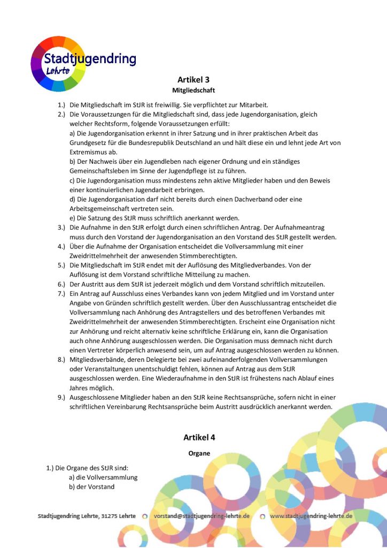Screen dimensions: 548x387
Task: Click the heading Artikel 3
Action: pyautogui.click(x=193, y=80)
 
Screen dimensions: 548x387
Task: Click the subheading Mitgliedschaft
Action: pyautogui.click(x=193, y=91)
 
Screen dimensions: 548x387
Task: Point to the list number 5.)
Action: pyautogui.click(x=61, y=265)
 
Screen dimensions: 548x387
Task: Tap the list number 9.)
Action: pyautogui.click(x=61, y=398)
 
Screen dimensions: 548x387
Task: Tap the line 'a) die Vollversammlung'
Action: pyautogui.click(x=103, y=477)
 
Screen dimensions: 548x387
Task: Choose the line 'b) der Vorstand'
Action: pyautogui.click(x=91, y=487)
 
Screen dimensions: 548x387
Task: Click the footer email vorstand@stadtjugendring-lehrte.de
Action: pyautogui.click(x=202, y=516)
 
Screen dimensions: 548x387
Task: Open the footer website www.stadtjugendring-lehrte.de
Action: pyautogui.click(x=311, y=516)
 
